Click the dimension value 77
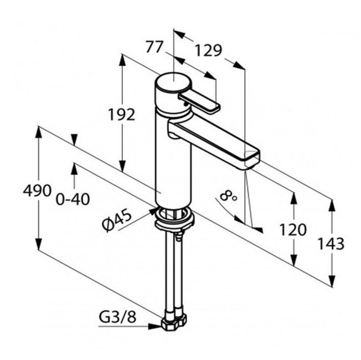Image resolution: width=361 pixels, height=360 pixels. pos(154,47)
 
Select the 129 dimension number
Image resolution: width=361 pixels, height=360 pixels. pos(208,50)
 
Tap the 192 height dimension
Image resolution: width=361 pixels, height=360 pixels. pos(121,115)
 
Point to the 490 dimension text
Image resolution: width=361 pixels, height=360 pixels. pos(37,191)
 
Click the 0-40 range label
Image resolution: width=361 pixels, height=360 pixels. pos(73,199)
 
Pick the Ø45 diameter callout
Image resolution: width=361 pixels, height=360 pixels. pos(117,221)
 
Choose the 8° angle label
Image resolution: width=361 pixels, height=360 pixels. pos(228,196)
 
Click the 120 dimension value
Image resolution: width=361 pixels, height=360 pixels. pos(293,230)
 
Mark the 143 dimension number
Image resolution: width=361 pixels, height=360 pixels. pos(331,244)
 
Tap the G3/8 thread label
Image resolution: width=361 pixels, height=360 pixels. pos(117,317)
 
